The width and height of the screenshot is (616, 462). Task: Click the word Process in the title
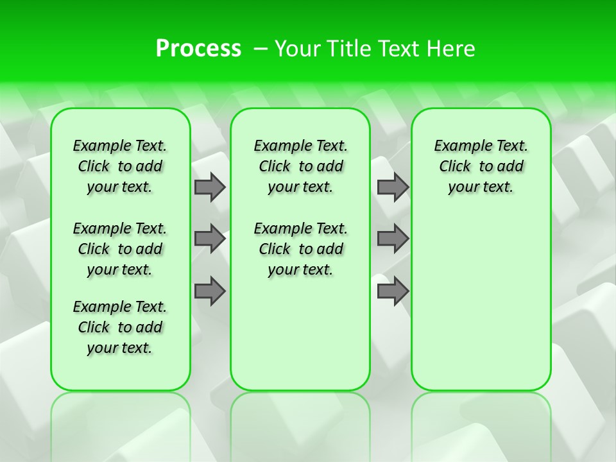click(x=198, y=49)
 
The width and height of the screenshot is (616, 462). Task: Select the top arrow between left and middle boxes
click(x=210, y=187)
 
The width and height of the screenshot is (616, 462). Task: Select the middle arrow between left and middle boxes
click(x=210, y=239)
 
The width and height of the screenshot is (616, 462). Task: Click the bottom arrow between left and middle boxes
click(x=210, y=291)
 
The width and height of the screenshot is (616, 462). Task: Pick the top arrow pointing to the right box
click(x=393, y=187)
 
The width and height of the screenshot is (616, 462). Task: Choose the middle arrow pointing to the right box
click(x=393, y=239)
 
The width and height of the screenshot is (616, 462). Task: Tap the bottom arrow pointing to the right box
click(x=393, y=291)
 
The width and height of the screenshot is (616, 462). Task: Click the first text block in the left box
click(x=120, y=166)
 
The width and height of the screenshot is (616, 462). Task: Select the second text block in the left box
click(x=120, y=249)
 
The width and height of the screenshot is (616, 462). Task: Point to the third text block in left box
click(x=120, y=327)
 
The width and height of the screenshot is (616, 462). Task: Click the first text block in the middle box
click(x=300, y=166)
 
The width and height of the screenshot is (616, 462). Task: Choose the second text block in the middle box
click(x=300, y=249)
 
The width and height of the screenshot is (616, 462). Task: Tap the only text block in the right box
click(x=481, y=166)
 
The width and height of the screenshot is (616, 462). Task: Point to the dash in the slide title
click(x=261, y=49)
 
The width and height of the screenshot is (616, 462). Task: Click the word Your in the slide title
click(x=298, y=49)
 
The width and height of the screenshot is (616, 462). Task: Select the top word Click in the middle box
click(x=275, y=167)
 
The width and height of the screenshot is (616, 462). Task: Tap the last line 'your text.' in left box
click(x=120, y=348)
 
